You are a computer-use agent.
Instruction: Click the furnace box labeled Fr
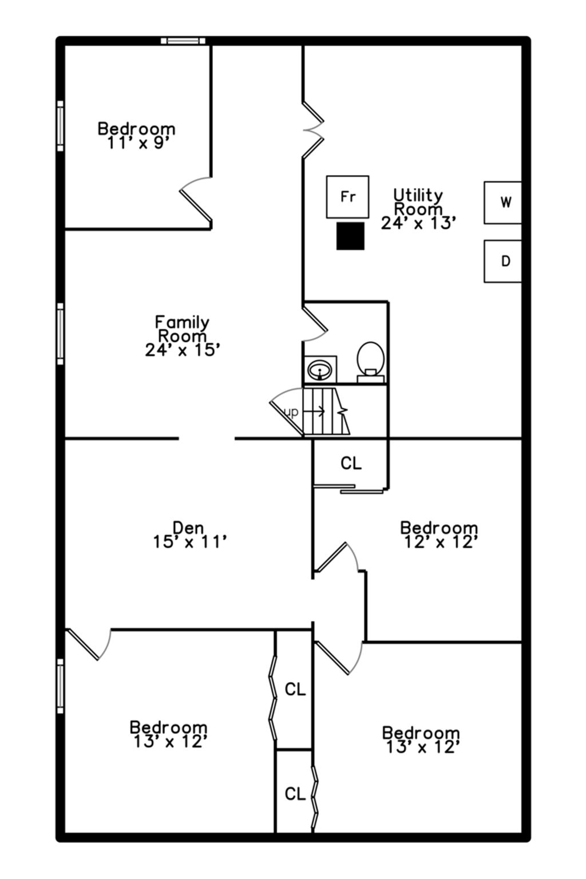coord(347,197)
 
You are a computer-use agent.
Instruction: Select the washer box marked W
coord(503,203)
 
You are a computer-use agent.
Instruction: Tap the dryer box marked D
coord(503,261)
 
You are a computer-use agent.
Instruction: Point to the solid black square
coord(350,236)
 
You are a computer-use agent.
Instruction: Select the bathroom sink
coord(320,369)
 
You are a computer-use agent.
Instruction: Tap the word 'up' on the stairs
coord(291,412)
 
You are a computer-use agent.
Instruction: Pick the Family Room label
coord(182,329)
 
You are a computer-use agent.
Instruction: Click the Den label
coord(188,528)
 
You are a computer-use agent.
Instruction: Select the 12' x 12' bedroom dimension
coord(441,542)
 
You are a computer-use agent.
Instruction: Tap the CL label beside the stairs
coord(351,464)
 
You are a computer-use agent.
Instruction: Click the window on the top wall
coord(183,41)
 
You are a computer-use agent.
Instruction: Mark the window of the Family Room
coord(60,334)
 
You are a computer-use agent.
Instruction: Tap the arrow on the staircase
coord(315,411)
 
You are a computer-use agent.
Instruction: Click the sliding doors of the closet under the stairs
coord(348,489)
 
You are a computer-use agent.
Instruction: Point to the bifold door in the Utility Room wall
coord(313,130)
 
